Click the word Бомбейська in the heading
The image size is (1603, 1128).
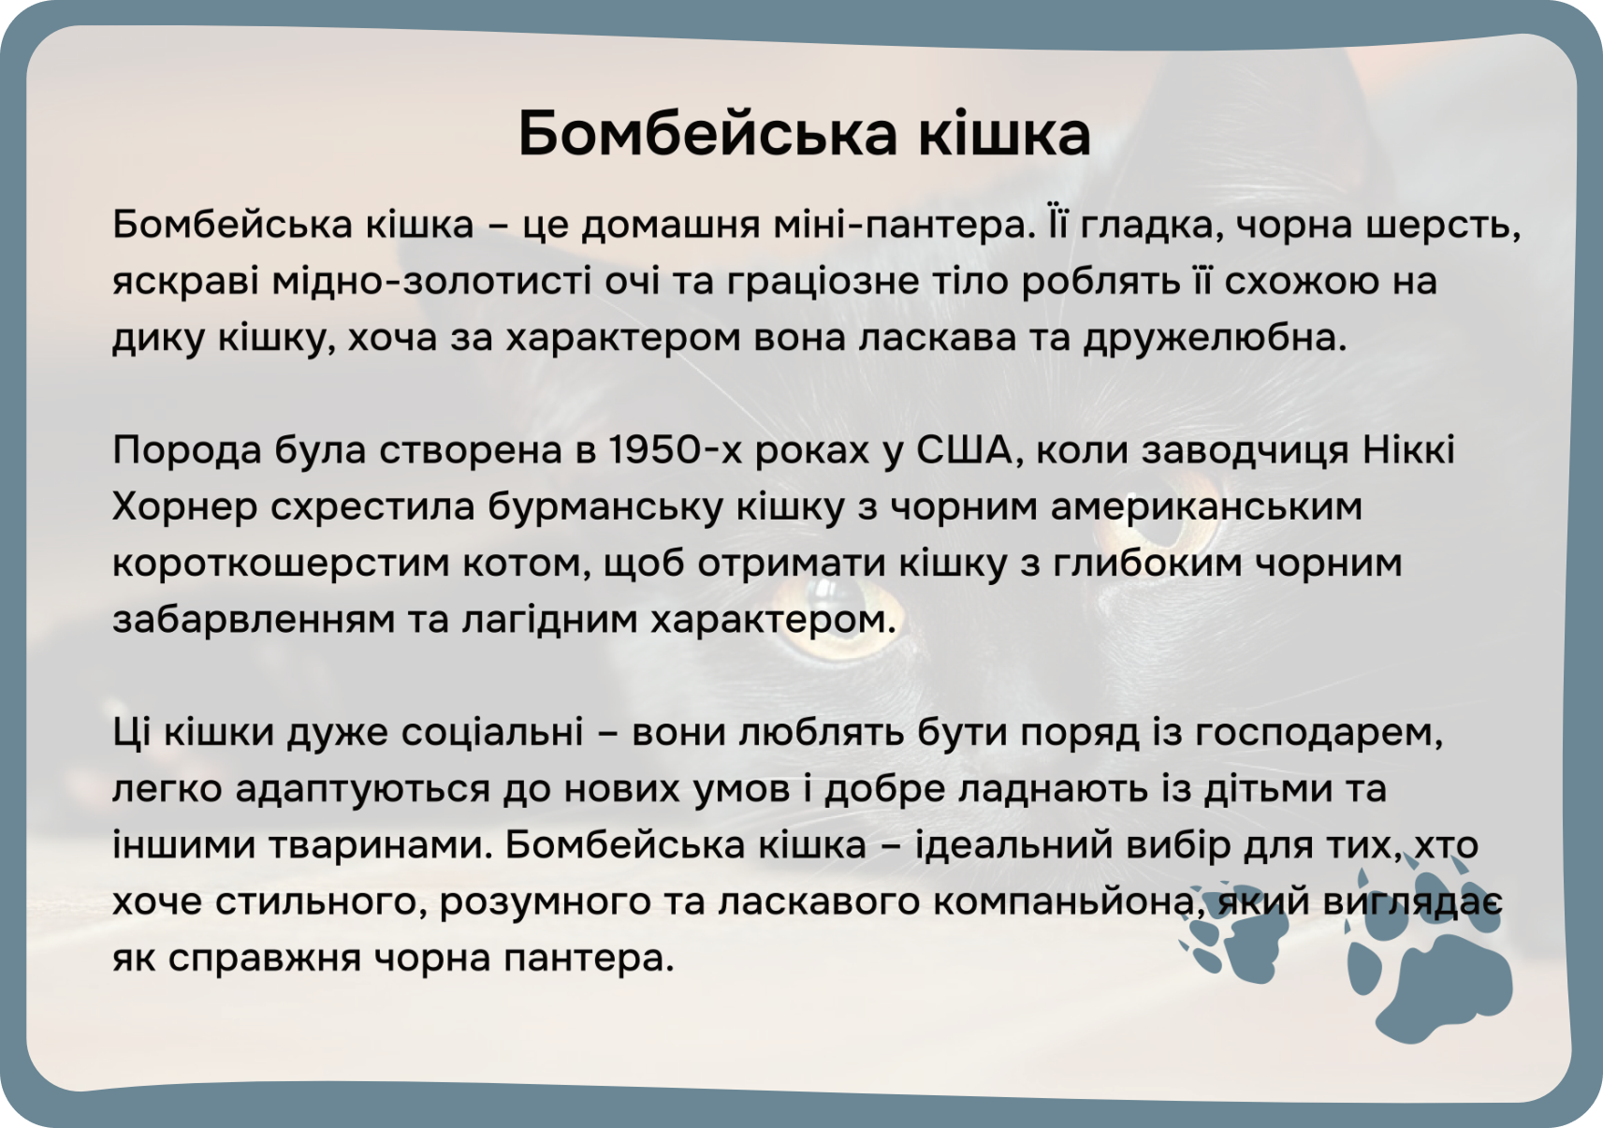[707, 133]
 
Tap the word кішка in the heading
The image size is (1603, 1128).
[1005, 133]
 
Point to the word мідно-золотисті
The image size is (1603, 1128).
[431, 281]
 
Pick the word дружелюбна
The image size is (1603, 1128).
[1215, 339]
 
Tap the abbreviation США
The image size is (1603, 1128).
[965, 452]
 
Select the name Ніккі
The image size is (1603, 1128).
[1409, 451]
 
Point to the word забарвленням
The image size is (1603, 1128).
[254, 620]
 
